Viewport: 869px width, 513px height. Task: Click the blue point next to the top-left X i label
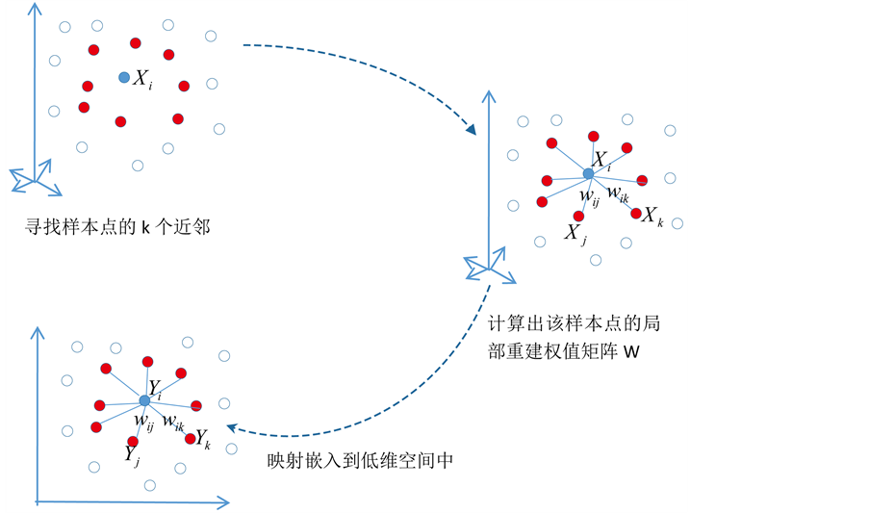(124, 77)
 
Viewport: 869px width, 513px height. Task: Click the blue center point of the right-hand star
(588, 173)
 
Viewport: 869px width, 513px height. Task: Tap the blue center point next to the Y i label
(144, 399)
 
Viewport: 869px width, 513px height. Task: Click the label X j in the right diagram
(575, 233)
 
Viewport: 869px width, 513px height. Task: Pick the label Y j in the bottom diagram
(132, 456)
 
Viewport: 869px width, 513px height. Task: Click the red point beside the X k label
(636, 213)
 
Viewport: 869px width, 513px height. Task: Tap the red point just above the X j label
(578, 216)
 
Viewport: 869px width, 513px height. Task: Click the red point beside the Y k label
(188, 438)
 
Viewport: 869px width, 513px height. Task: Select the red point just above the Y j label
(133, 441)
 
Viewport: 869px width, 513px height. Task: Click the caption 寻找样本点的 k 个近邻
(117, 228)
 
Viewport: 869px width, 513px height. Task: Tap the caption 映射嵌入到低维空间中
(360, 461)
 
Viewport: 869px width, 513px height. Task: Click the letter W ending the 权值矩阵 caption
(631, 352)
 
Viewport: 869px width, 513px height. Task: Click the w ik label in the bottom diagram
(173, 421)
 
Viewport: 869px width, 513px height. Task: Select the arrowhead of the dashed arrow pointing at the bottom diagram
(232, 429)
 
